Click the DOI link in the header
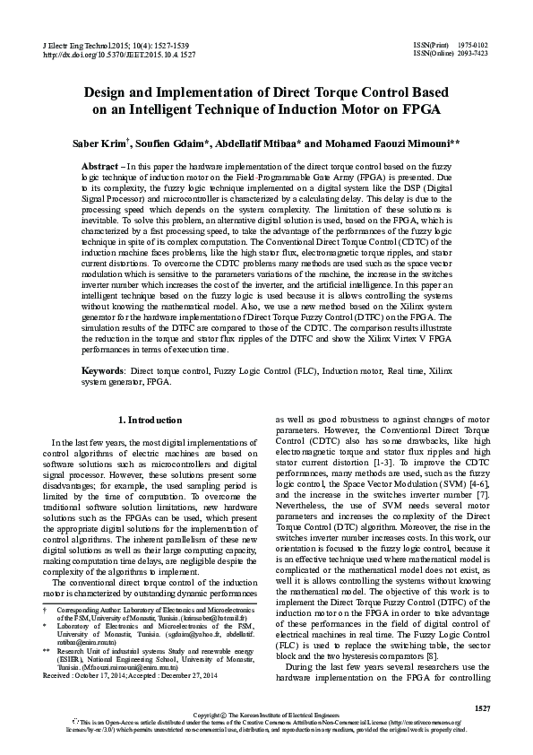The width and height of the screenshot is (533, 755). coord(108,54)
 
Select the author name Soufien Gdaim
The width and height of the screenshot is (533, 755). coord(175,143)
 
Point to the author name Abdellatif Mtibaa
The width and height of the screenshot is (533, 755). coord(262,143)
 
